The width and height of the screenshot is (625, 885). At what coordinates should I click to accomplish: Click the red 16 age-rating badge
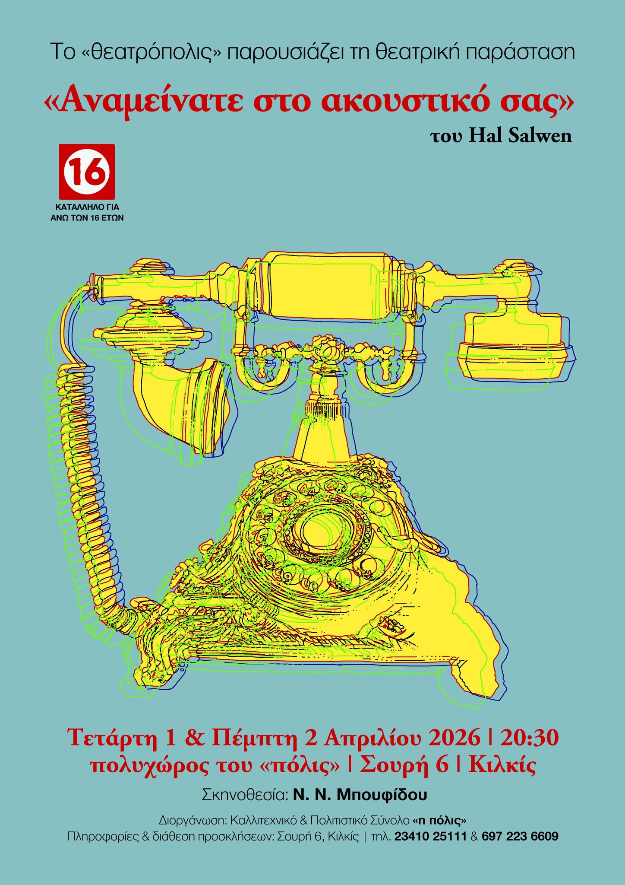pos(87,171)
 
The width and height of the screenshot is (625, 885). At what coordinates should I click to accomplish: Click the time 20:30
pos(529,737)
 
